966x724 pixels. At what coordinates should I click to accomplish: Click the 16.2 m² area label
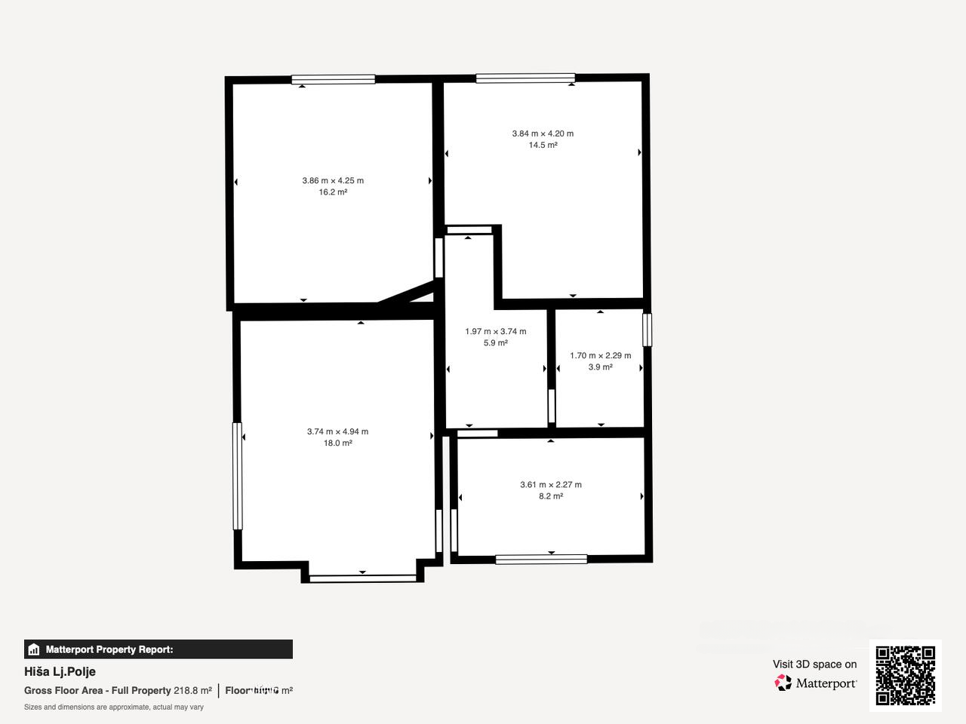click(333, 192)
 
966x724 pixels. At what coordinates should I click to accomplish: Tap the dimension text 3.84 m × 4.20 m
click(543, 133)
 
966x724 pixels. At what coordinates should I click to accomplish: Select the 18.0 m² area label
click(337, 443)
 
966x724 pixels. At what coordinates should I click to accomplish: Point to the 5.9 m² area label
click(495, 343)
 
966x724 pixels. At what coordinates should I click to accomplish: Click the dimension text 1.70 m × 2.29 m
click(600, 355)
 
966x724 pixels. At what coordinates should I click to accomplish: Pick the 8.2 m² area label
click(550, 496)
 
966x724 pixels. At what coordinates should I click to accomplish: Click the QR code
click(905, 675)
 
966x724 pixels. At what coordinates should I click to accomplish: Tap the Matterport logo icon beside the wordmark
click(783, 683)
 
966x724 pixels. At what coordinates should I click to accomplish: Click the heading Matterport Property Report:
click(109, 649)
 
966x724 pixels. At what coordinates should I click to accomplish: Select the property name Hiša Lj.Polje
click(60, 671)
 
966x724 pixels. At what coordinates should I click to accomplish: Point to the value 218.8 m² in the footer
click(192, 690)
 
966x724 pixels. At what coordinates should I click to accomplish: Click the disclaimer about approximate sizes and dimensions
click(114, 707)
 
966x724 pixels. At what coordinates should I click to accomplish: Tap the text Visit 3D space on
click(814, 664)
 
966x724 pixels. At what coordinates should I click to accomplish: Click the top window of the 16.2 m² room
click(333, 79)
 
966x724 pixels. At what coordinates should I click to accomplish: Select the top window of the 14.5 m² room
click(525, 78)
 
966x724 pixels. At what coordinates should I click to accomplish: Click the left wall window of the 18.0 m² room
click(237, 476)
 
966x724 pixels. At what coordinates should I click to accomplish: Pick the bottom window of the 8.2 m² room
click(541, 559)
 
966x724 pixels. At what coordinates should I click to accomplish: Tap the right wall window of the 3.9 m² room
click(647, 330)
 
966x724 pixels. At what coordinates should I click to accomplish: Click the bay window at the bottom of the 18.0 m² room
click(363, 578)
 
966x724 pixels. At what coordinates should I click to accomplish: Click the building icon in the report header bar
click(33, 649)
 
